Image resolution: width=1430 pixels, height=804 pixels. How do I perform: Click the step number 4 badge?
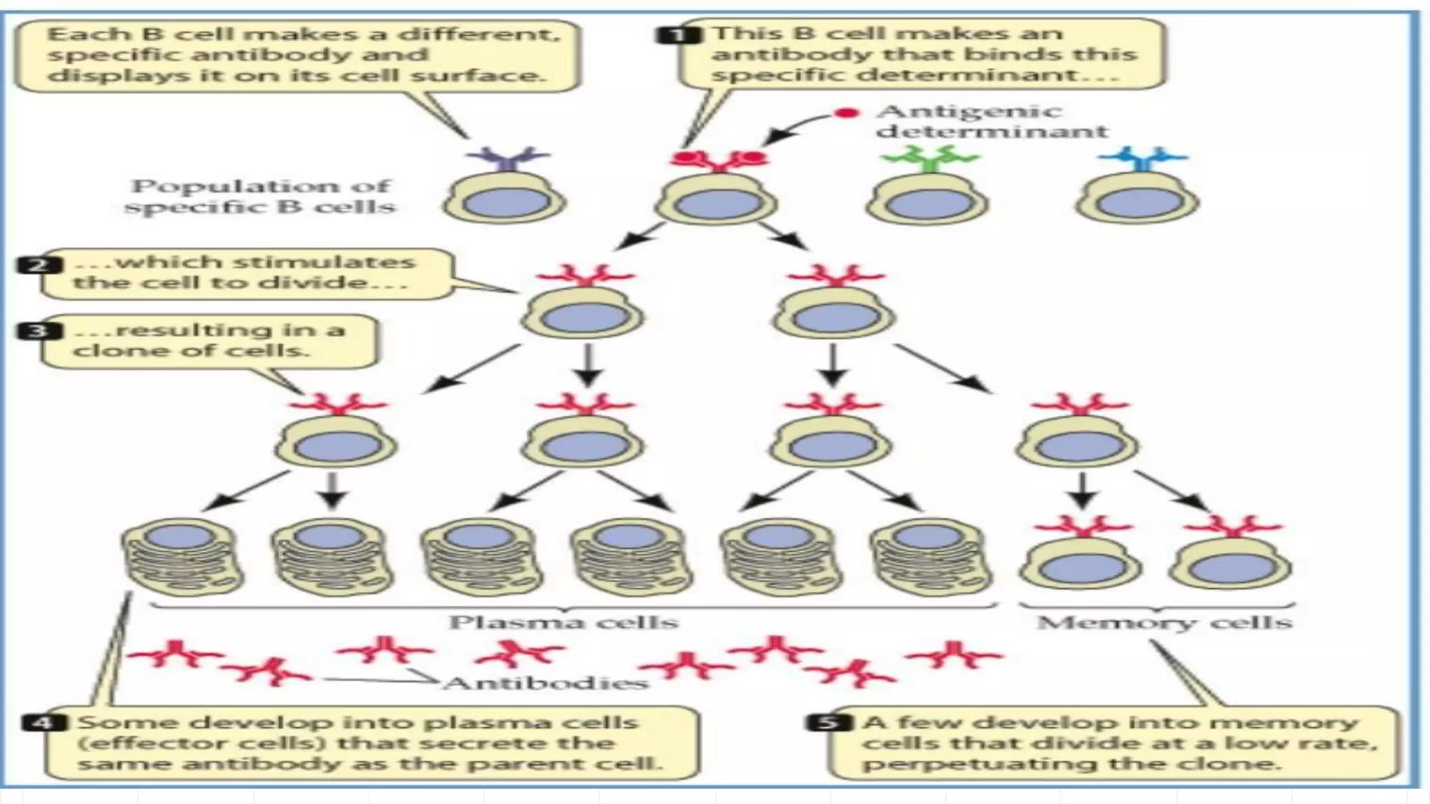(43, 722)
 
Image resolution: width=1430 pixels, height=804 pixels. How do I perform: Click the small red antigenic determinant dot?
(846, 113)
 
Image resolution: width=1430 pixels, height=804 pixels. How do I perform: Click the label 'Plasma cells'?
(563, 622)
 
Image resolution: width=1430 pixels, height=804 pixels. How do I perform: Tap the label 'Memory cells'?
(1164, 622)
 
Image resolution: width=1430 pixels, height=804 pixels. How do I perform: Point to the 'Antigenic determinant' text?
(992, 121)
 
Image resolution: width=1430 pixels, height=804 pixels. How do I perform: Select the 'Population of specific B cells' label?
(260, 197)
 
